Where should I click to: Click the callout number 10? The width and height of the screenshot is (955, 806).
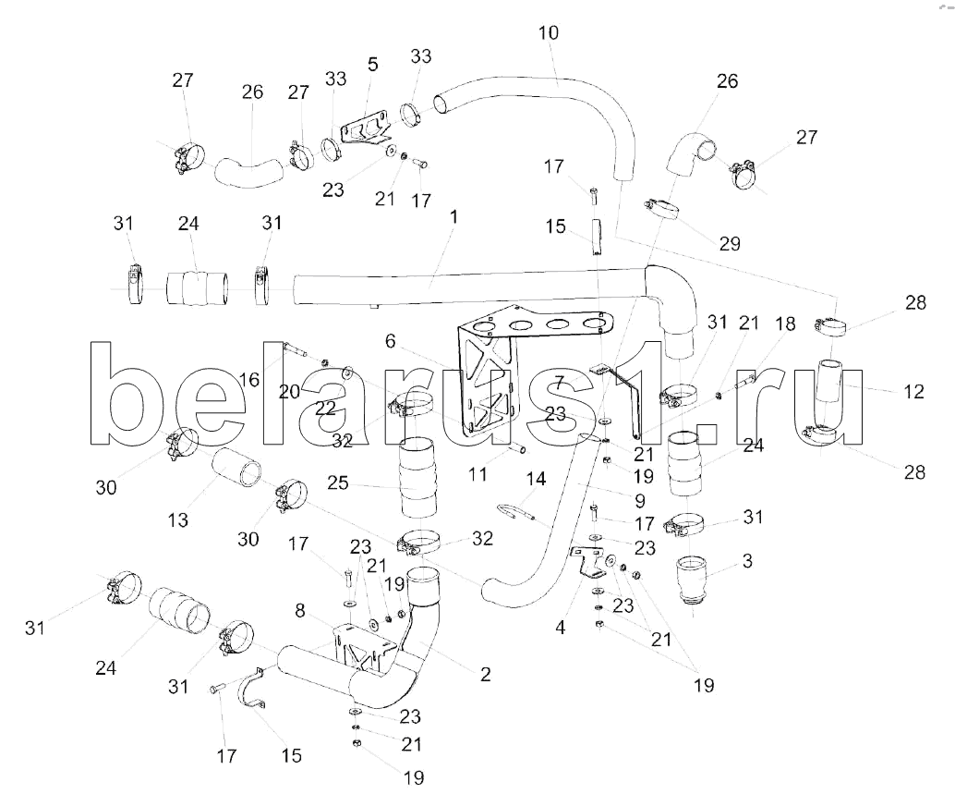(x=548, y=33)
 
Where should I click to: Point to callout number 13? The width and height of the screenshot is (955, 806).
(x=178, y=520)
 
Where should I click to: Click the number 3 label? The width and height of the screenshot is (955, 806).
(x=747, y=560)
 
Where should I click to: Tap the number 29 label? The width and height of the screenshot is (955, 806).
(x=729, y=244)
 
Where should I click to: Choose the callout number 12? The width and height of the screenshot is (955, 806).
(x=913, y=392)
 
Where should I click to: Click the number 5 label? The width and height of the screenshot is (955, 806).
(x=372, y=64)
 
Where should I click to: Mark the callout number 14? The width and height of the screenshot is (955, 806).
(x=537, y=479)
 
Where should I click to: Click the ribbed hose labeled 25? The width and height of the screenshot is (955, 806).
(x=417, y=480)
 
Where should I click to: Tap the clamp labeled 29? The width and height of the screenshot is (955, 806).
(x=663, y=207)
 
